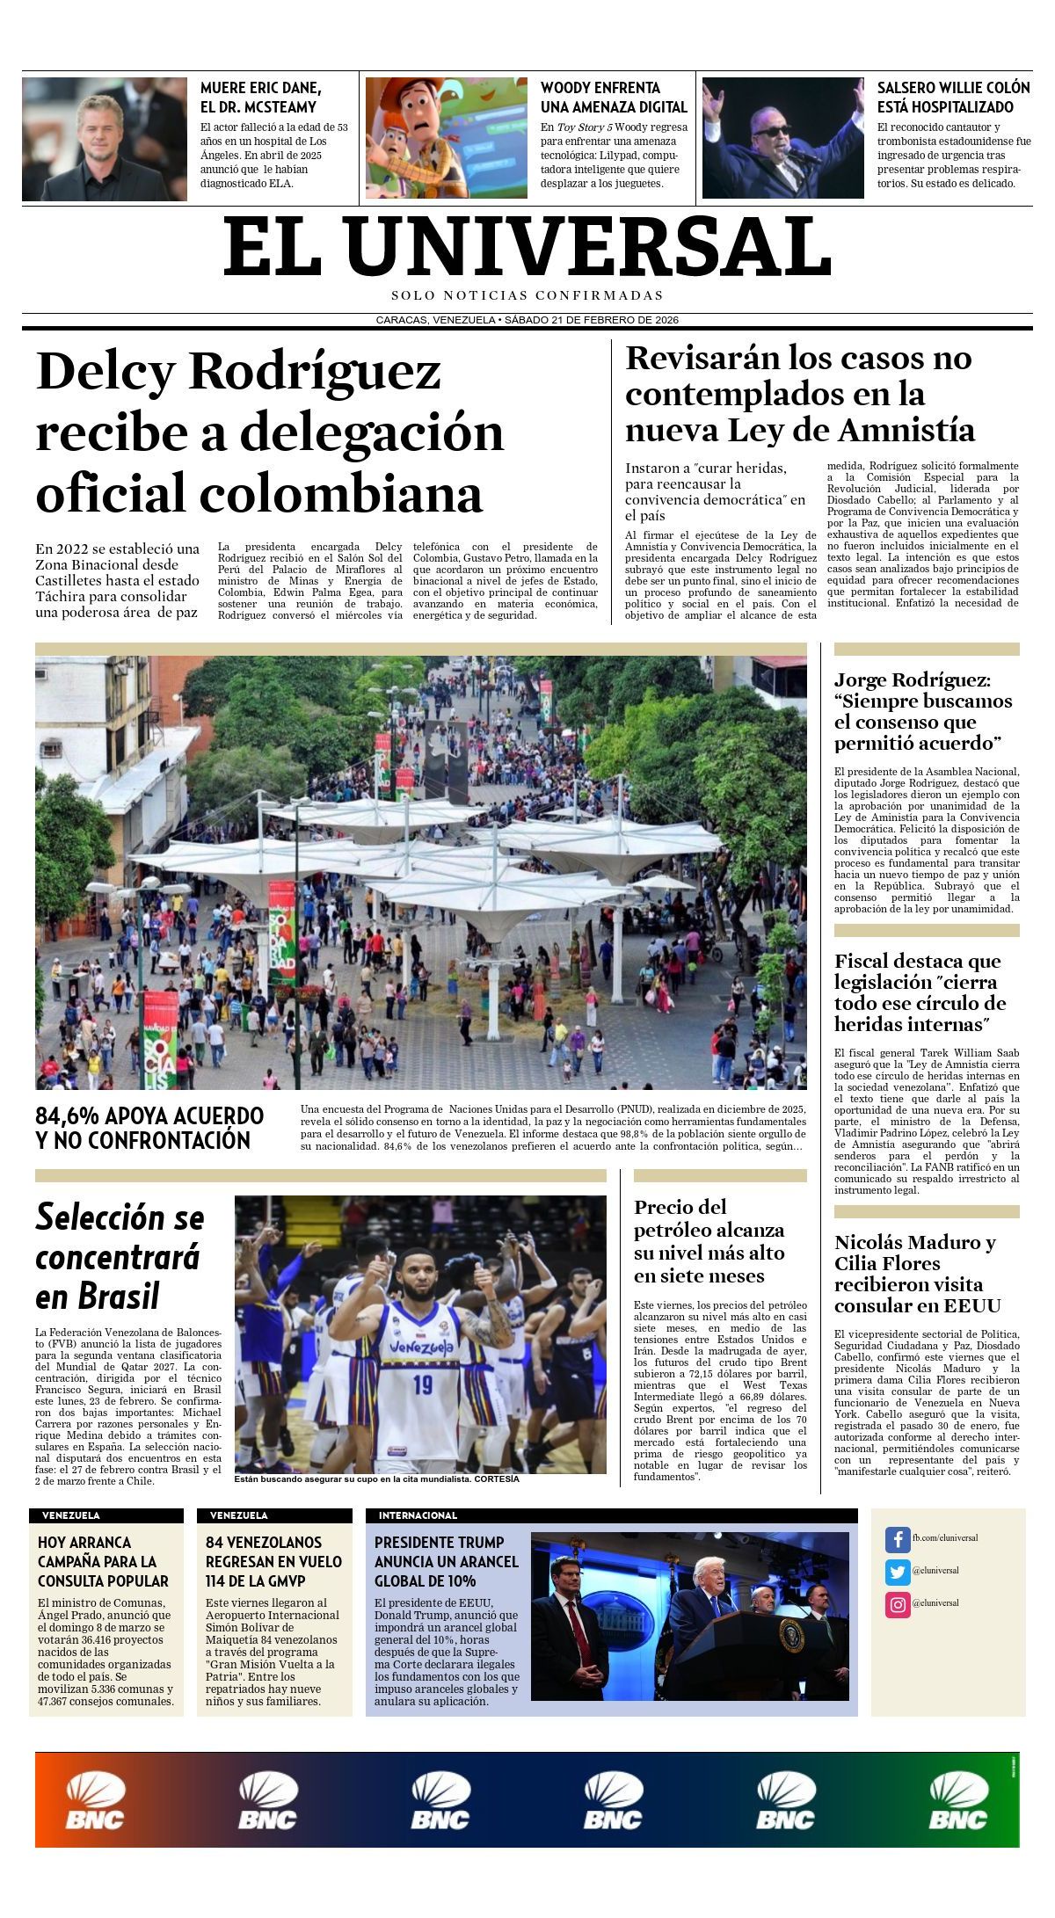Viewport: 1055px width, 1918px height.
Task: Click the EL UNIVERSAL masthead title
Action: (x=527, y=247)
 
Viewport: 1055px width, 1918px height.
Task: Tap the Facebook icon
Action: (x=897, y=1539)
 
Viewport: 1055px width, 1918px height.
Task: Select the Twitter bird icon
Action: (x=897, y=1572)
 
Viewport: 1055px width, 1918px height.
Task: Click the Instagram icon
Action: (x=897, y=1605)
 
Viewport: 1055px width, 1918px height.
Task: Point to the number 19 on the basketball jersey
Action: (x=423, y=1384)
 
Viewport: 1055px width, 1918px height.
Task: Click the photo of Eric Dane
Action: (x=105, y=139)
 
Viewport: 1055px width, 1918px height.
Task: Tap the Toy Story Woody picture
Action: (x=446, y=139)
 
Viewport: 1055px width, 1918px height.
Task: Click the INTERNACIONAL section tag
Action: (x=418, y=1515)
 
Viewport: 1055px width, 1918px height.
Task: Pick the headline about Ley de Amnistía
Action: (x=800, y=394)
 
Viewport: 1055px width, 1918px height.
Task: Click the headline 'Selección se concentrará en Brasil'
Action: (x=120, y=1256)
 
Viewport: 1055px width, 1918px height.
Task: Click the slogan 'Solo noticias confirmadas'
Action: (x=527, y=295)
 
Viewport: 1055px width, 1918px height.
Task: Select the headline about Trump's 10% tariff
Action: (x=447, y=1561)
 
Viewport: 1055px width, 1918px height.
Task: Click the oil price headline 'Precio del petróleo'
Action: (x=709, y=1241)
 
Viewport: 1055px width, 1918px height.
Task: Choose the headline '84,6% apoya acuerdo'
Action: (x=149, y=1128)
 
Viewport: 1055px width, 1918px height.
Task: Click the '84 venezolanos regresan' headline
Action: (x=273, y=1561)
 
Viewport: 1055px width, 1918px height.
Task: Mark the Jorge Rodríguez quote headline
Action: (x=922, y=711)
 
